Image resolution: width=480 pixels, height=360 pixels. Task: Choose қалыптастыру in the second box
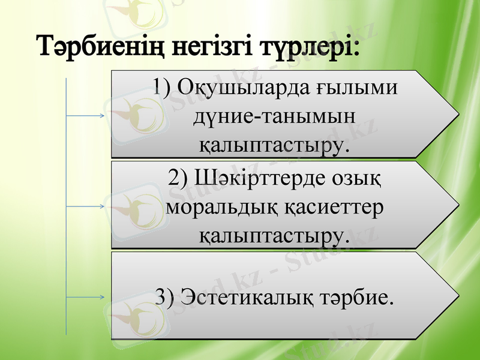click(272, 234)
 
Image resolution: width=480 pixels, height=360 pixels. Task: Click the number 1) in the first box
click(162, 88)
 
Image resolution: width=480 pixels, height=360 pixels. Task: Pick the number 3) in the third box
click(165, 296)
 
